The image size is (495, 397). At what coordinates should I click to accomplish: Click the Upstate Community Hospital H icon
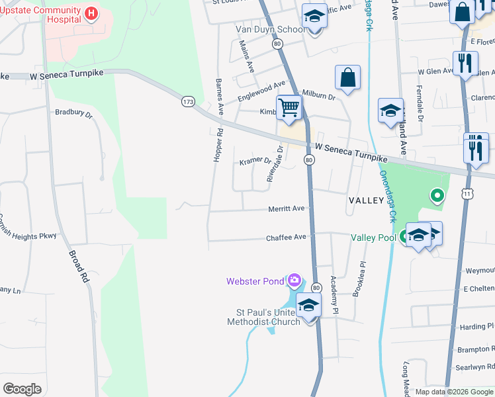tap(91, 13)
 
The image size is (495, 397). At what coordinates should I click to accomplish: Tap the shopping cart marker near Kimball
tap(289, 107)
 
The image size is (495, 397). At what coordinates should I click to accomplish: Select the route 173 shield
tap(189, 101)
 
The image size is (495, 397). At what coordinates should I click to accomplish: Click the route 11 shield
tap(468, 193)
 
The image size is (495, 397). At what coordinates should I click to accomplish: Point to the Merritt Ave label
tap(286, 208)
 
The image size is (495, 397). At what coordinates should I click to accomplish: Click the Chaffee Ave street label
tap(286, 238)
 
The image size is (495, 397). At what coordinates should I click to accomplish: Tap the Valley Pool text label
tap(373, 238)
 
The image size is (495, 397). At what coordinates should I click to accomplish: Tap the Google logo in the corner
tap(22, 388)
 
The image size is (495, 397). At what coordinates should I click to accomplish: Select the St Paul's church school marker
tap(308, 305)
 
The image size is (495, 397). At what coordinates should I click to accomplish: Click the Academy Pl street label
tap(335, 295)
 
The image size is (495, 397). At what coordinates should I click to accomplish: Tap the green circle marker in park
tap(437, 195)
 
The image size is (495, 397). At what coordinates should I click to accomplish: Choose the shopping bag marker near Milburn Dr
tap(347, 78)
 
